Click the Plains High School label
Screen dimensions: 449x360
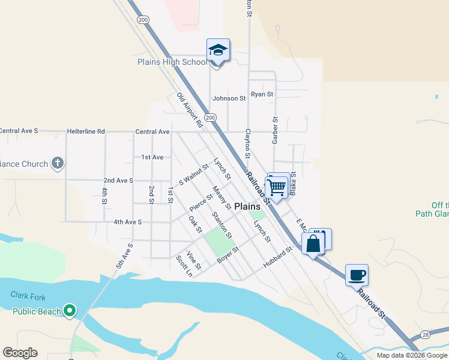coord(172,62)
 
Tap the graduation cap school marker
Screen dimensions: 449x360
coord(218,51)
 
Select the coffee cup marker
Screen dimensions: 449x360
coord(357,275)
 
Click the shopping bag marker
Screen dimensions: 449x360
coord(313,244)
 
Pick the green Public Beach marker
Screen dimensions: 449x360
coord(70,311)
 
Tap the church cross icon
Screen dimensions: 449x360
coord(58,163)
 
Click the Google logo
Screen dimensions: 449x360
coord(20,353)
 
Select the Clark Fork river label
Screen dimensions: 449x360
coord(28,295)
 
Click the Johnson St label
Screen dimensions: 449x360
coord(229,98)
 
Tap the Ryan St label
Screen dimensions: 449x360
coord(262,94)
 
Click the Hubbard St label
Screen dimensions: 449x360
coord(277,257)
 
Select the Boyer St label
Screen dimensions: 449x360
coord(228,254)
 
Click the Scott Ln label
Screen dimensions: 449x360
coord(184,266)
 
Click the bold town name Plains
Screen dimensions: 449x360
coord(247,206)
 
